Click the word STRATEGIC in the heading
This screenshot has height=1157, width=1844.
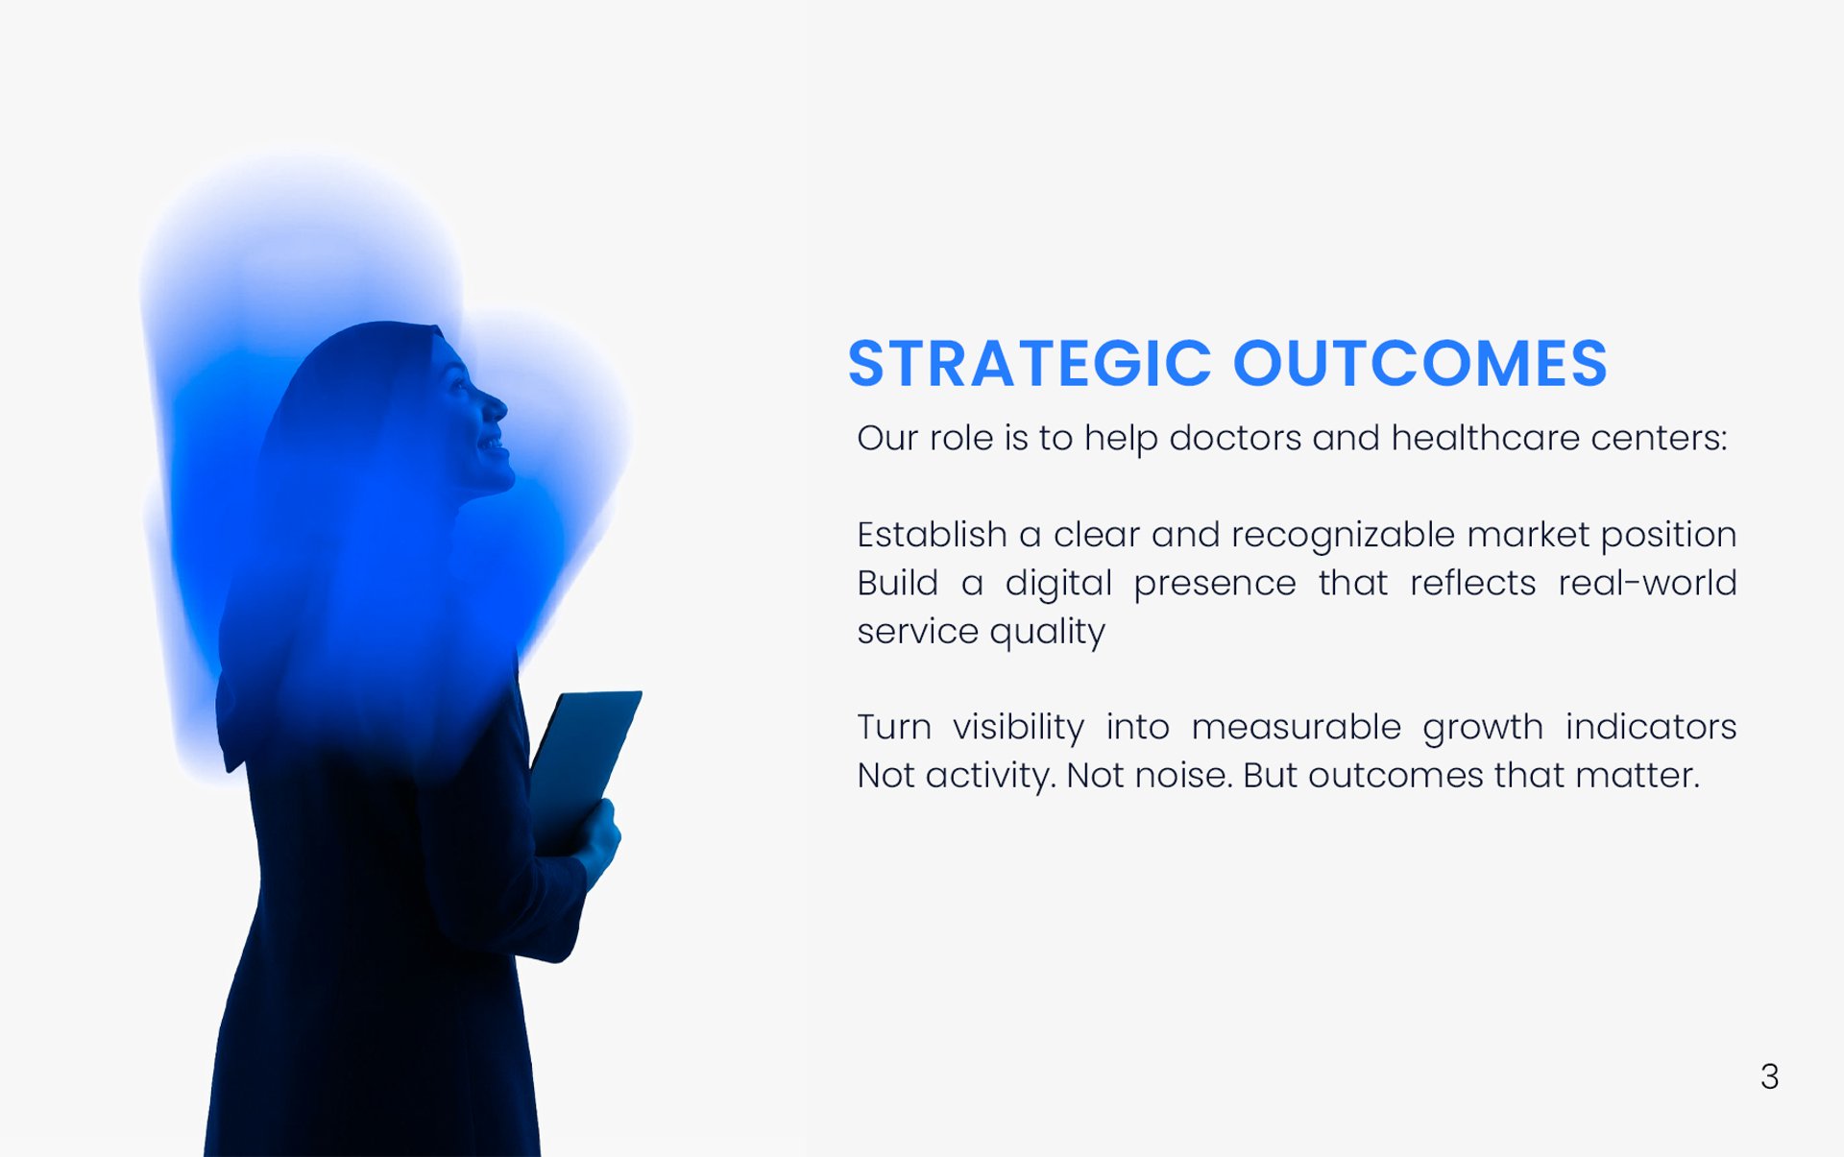1030,364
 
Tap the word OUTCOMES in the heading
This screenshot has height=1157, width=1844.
1420,364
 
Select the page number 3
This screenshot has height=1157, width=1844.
1770,1076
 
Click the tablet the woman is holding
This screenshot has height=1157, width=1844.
584,768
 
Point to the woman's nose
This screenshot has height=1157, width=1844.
496,407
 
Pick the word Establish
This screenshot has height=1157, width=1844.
932,535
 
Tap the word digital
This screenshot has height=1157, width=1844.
1058,584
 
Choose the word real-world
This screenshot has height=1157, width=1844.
1647,583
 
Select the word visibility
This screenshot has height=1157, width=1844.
1018,728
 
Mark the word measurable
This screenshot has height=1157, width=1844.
1297,728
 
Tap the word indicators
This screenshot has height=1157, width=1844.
1651,728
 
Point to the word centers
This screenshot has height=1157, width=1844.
1659,438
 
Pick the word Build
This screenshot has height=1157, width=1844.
897,583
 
